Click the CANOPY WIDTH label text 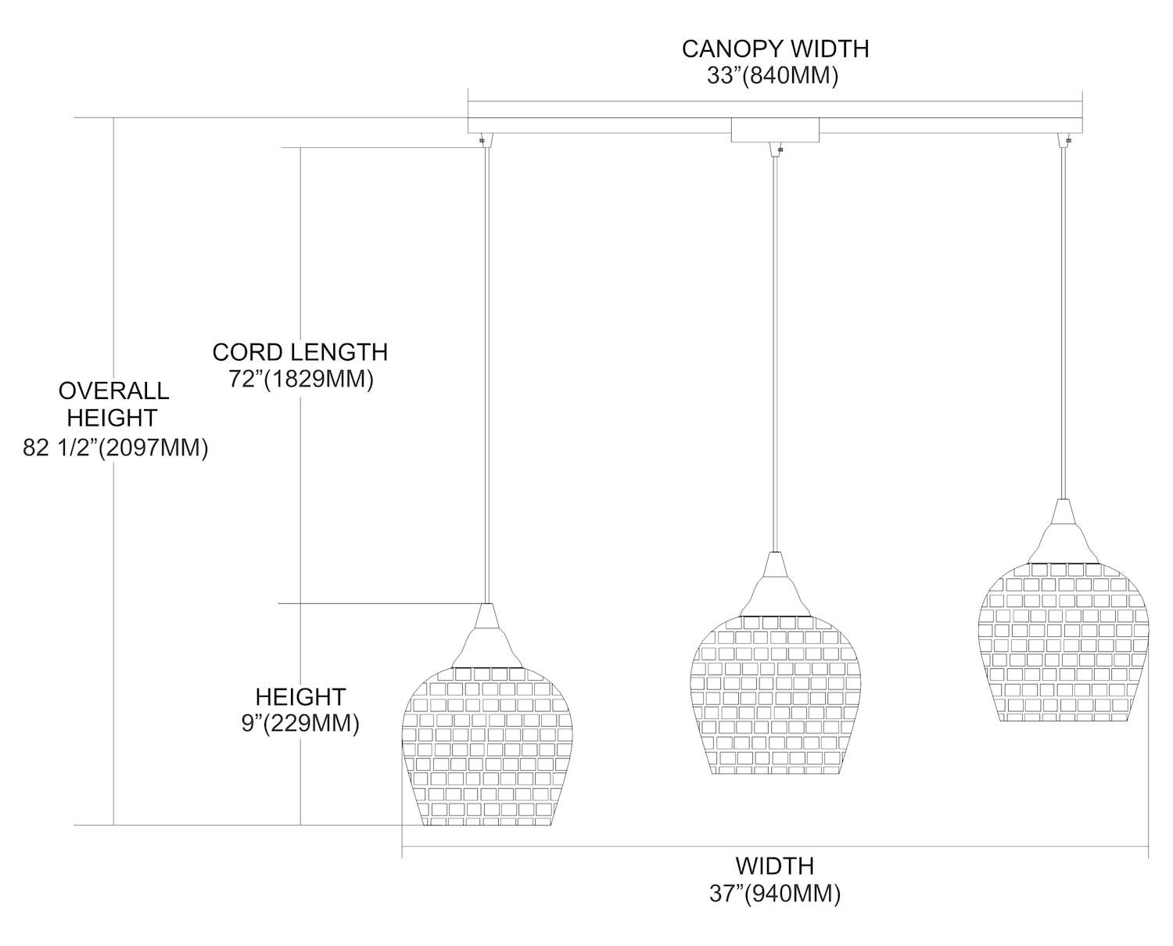pyautogui.click(x=775, y=49)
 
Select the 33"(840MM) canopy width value pyautogui.click(x=773, y=76)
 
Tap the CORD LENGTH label pyautogui.click(x=300, y=352)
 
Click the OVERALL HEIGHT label pyautogui.click(x=113, y=404)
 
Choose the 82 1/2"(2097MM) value pyautogui.click(x=116, y=448)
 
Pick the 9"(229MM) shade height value pyautogui.click(x=300, y=723)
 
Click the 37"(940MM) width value pyautogui.click(x=775, y=894)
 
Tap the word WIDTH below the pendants pyautogui.click(x=774, y=866)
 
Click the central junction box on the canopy pyautogui.click(x=774, y=130)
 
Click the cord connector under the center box pyautogui.click(x=775, y=149)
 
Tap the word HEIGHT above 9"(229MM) pyautogui.click(x=300, y=696)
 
